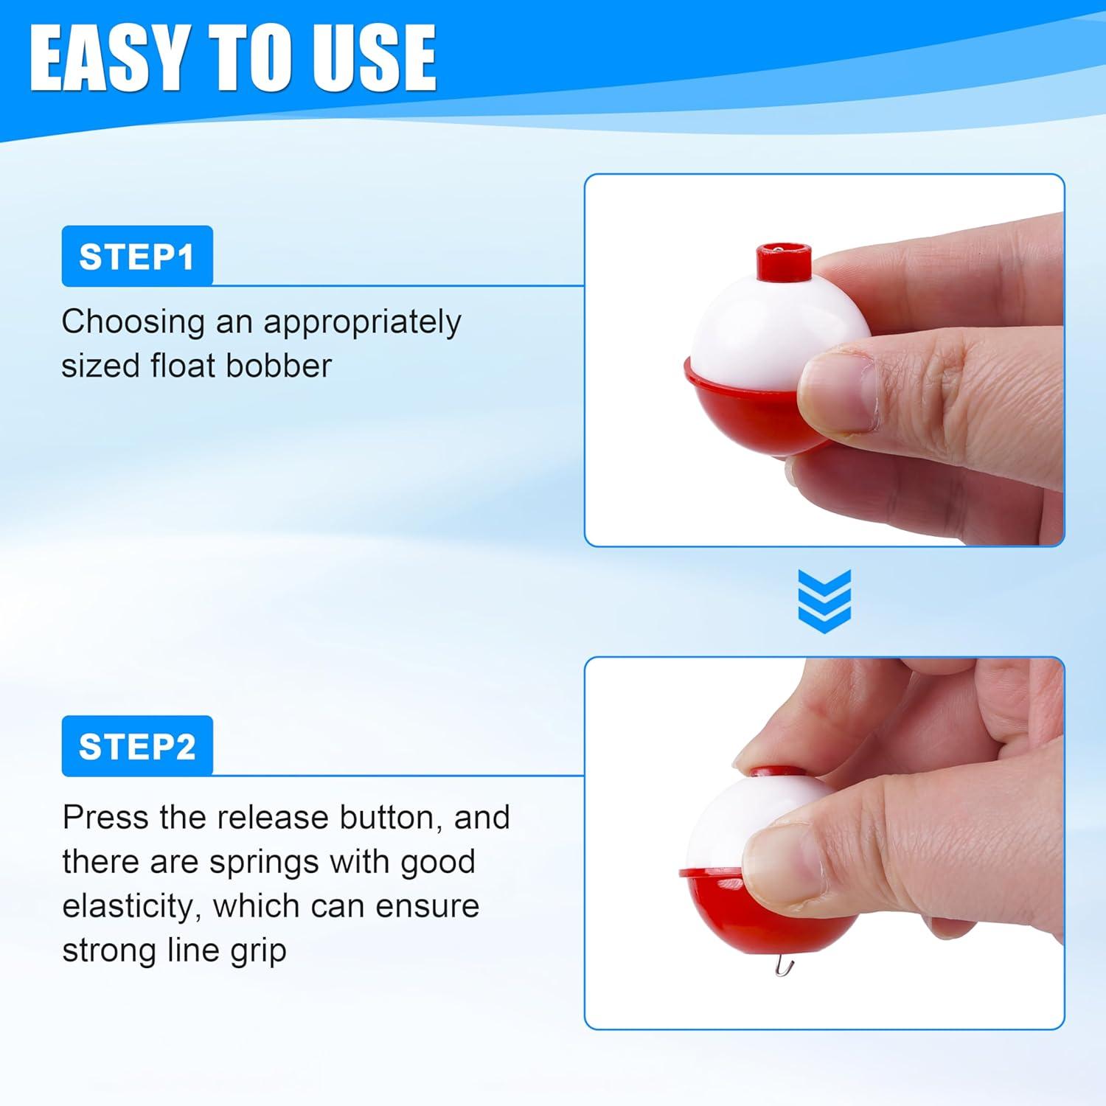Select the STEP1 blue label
[x=137, y=256]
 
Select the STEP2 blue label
[x=137, y=745]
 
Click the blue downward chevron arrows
[x=824, y=601]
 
